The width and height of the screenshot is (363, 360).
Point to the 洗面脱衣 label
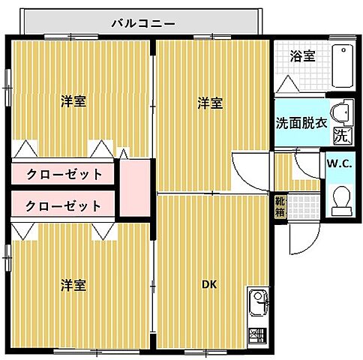click(301, 122)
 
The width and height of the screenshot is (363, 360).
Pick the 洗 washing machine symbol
click(341, 136)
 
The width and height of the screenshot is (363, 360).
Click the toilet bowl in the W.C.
click(342, 200)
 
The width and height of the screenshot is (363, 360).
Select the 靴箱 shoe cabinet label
click(279, 205)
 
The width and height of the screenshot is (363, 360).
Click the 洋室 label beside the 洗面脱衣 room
click(210, 103)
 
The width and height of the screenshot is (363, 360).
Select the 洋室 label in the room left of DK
click(73, 284)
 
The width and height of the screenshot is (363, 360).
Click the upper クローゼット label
click(64, 174)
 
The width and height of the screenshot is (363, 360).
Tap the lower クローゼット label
click(64, 205)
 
